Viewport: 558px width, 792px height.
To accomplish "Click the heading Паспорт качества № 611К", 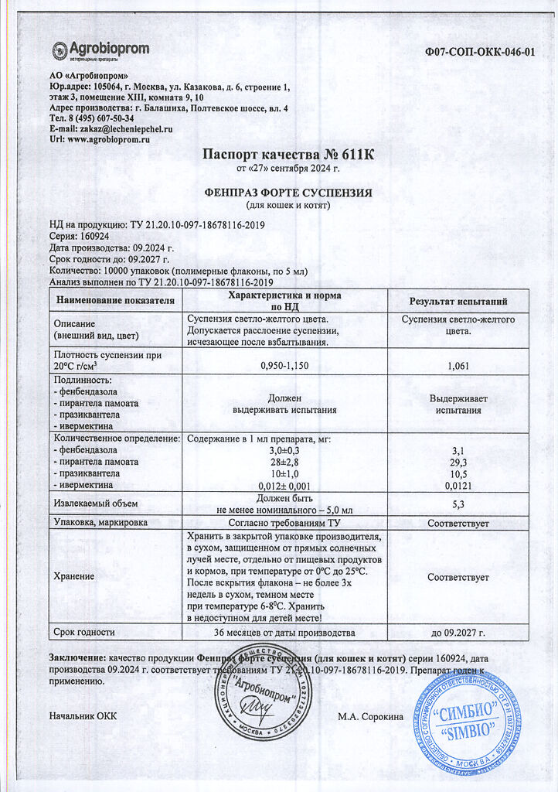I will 288,154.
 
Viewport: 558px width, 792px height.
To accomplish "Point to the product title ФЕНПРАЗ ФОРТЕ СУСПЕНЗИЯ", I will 288,193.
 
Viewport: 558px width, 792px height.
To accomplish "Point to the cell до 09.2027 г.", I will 458,632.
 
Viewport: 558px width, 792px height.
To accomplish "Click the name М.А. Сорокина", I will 370,717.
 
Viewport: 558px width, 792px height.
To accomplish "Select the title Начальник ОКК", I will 83,716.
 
